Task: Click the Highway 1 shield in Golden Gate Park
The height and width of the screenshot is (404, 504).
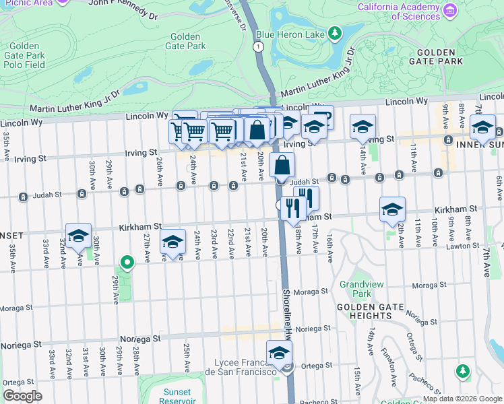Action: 257,46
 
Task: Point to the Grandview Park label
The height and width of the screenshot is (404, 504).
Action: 355,289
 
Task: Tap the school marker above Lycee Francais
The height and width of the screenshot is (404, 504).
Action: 279,352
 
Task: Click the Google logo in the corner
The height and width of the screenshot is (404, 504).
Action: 22,396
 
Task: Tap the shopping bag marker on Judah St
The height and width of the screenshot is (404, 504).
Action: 282,165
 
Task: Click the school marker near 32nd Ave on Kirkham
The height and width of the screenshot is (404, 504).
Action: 78,236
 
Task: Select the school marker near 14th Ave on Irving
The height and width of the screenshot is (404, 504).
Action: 363,127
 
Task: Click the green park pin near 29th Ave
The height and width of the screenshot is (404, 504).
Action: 125,262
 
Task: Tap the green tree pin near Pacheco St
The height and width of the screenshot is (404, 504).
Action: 462,370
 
